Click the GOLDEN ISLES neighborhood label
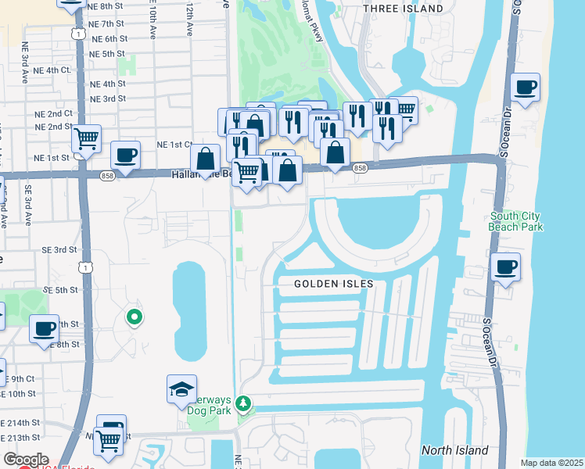[333, 284]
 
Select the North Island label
[454, 450]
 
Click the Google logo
[25, 460]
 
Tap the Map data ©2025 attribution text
[551, 463]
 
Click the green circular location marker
[135, 317]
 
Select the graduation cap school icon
[181, 389]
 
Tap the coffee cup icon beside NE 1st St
[125, 154]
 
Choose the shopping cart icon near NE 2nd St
[87, 138]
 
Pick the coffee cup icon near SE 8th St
[45, 328]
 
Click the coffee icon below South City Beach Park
[506, 267]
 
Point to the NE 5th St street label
[108, 53]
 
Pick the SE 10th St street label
[18, 394]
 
